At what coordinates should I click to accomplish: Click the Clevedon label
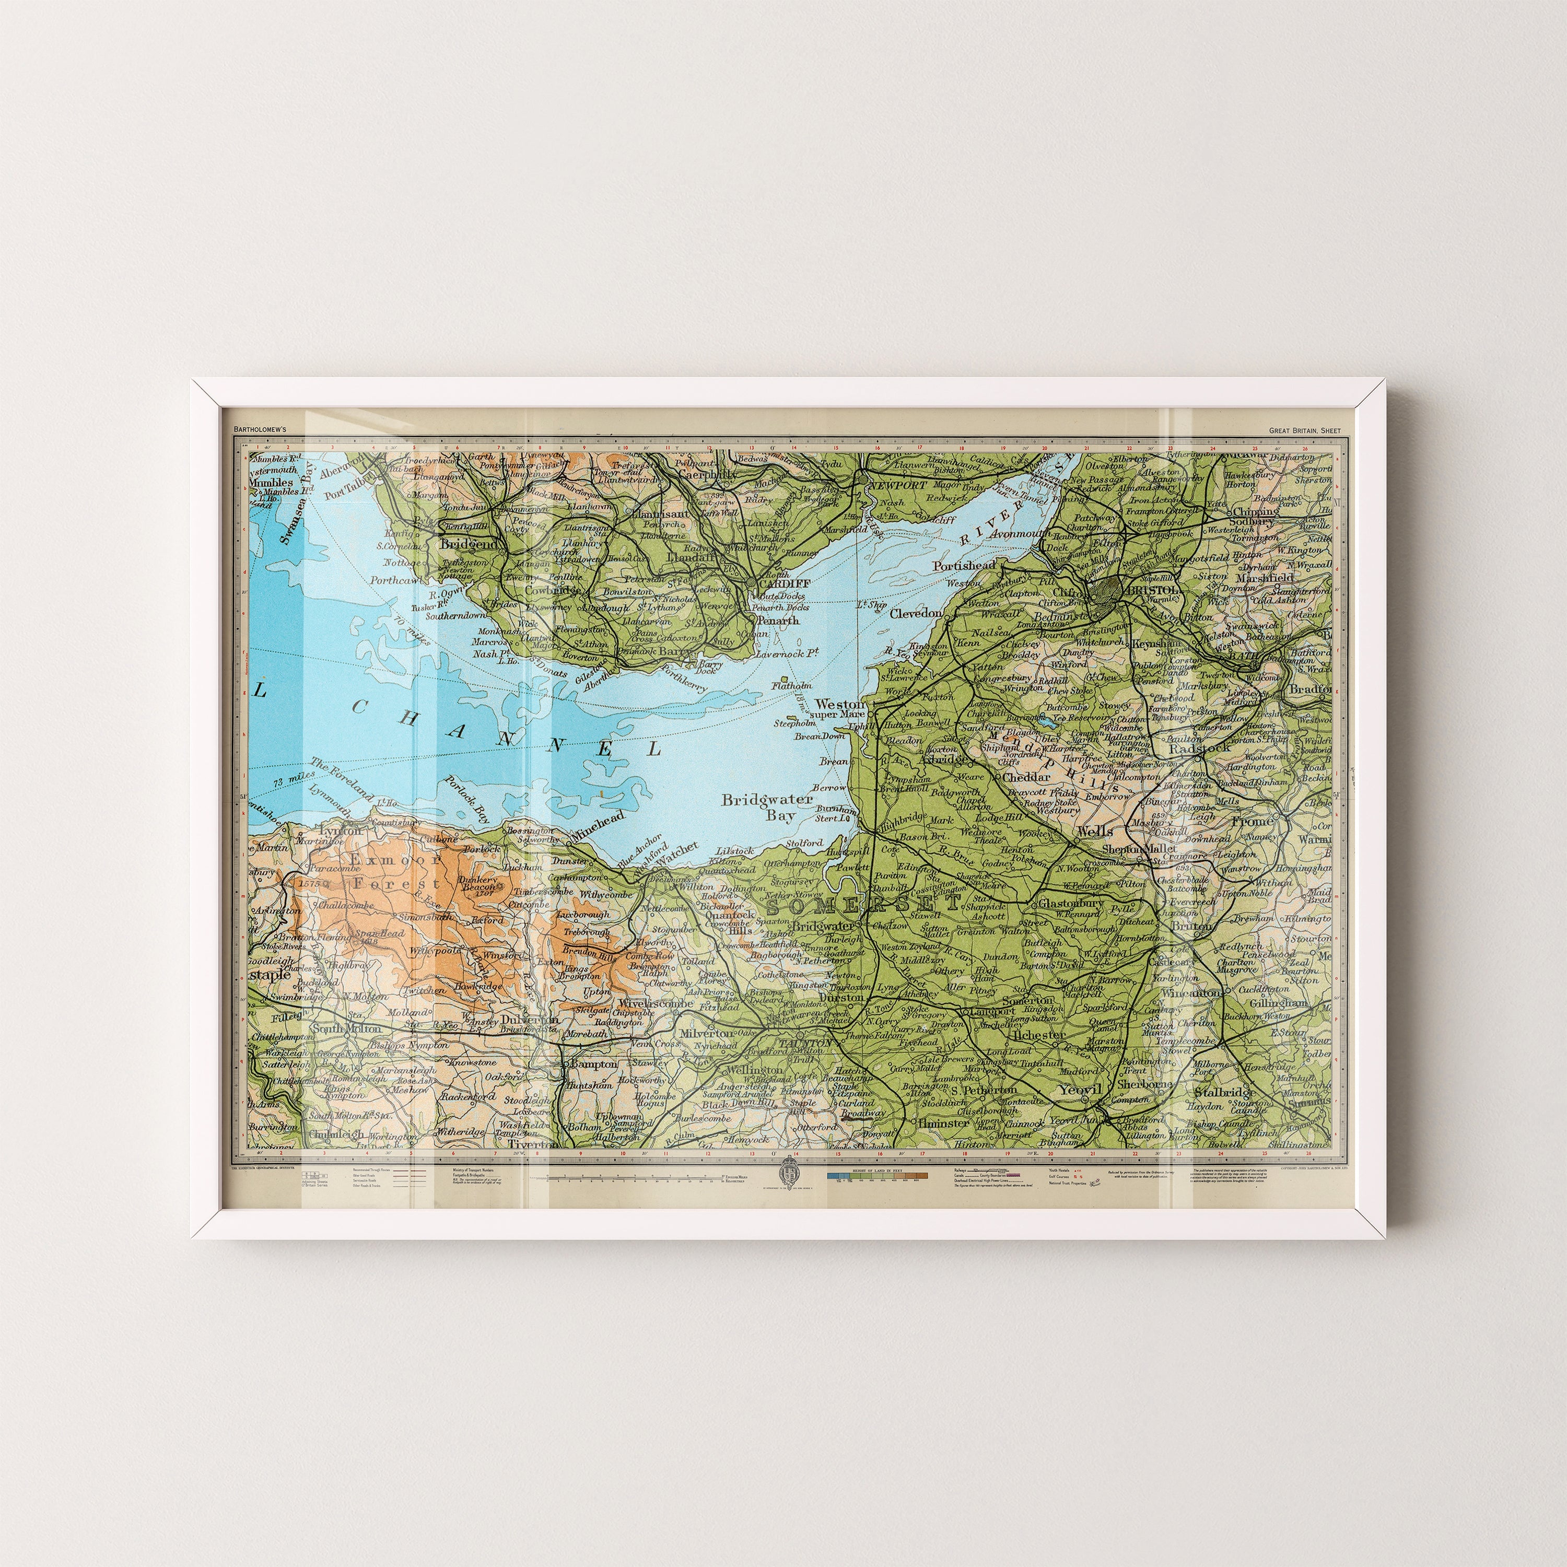pos(916,614)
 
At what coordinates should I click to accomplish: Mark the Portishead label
pos(964,565)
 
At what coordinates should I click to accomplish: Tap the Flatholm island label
pos(792,685)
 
